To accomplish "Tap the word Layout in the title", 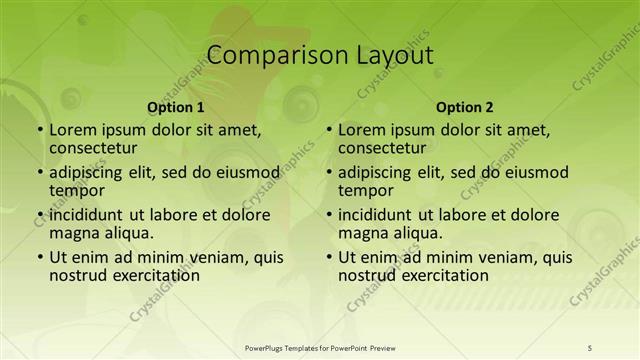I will point(392,56).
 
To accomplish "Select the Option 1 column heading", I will point(176,107).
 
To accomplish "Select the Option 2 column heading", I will point(465,107).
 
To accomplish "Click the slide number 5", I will point(590,347).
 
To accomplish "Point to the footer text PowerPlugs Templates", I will point(290,347).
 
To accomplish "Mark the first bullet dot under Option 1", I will point(39,131).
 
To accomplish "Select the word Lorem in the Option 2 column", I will point(361,130).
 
